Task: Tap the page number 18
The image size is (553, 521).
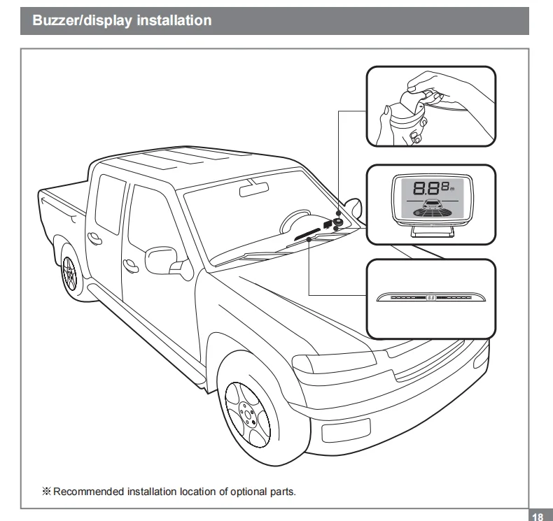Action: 538,517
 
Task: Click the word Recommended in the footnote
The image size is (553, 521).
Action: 89,491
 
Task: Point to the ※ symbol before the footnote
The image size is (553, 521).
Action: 47,491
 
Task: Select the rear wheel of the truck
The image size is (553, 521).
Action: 70,271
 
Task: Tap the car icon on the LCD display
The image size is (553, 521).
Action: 430,206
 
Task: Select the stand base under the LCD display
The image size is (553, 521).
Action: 429,231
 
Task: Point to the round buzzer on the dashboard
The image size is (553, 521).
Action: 338,222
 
